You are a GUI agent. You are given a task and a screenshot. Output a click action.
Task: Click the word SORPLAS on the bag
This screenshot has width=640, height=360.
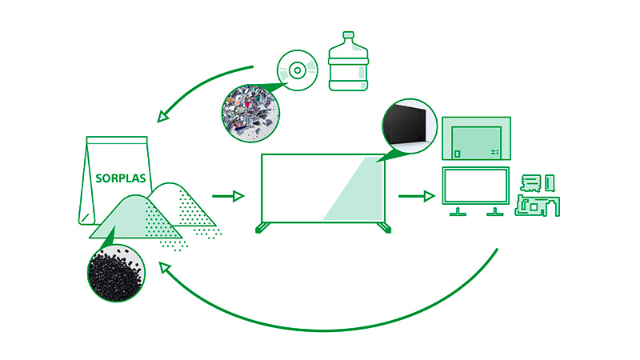pyautogui.click(x=121, y=178)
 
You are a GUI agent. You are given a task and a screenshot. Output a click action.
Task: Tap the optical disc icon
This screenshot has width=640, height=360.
pyautogui.click(x=298, y=70)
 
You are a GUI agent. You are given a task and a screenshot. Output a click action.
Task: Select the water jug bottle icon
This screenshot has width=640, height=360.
pyautogui.click(x=348, y=62)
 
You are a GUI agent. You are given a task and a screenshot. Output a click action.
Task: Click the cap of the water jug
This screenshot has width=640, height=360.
pyautogui.click(x=348, y=35)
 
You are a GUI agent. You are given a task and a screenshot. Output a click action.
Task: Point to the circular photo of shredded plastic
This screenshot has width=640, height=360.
pyautogui.click(x=250, y=114)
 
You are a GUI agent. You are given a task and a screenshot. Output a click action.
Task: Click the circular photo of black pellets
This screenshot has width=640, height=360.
pyautogui.click(x=116, y=273)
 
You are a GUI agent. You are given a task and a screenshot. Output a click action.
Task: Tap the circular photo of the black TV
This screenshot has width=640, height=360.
pyautogui.click(x=410, y=126)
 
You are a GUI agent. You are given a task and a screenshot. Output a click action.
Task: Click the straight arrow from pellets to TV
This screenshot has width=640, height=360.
pyautogui.click(x=228, y=196)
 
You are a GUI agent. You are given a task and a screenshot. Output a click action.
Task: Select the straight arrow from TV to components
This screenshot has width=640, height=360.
pyautogui.click(x=416, y=196)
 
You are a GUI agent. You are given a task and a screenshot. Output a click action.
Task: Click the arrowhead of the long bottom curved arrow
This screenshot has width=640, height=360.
pyautogui.click(x=165, y=268)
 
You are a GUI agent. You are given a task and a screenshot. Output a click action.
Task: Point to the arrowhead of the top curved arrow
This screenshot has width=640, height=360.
pyautogui.click(x=163, y=116)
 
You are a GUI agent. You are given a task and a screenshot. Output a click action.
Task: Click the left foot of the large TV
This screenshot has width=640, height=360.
pyautogui.click(x=262, y=228)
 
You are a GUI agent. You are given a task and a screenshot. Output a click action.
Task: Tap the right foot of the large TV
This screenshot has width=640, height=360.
pyautogui.click(x=385, y=228)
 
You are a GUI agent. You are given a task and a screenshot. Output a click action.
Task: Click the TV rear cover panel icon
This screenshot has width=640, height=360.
pyautogui.click(x=476, y=138)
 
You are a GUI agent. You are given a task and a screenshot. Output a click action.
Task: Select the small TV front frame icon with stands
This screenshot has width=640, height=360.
pyautogui.click(x=476, y=191)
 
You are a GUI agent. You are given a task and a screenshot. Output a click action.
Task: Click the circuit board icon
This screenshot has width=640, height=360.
pyautogui.click(x=537, y=195)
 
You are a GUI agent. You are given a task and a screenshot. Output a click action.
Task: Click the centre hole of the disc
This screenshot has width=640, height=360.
pyautogui.click(x=298, y=70)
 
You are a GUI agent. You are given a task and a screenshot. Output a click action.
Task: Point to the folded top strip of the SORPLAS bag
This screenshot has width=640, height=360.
pyautogui.click(x=117, y=141)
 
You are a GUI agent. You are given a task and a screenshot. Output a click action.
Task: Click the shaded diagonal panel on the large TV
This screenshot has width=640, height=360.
pyautogui.click(x=354, y=188)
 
